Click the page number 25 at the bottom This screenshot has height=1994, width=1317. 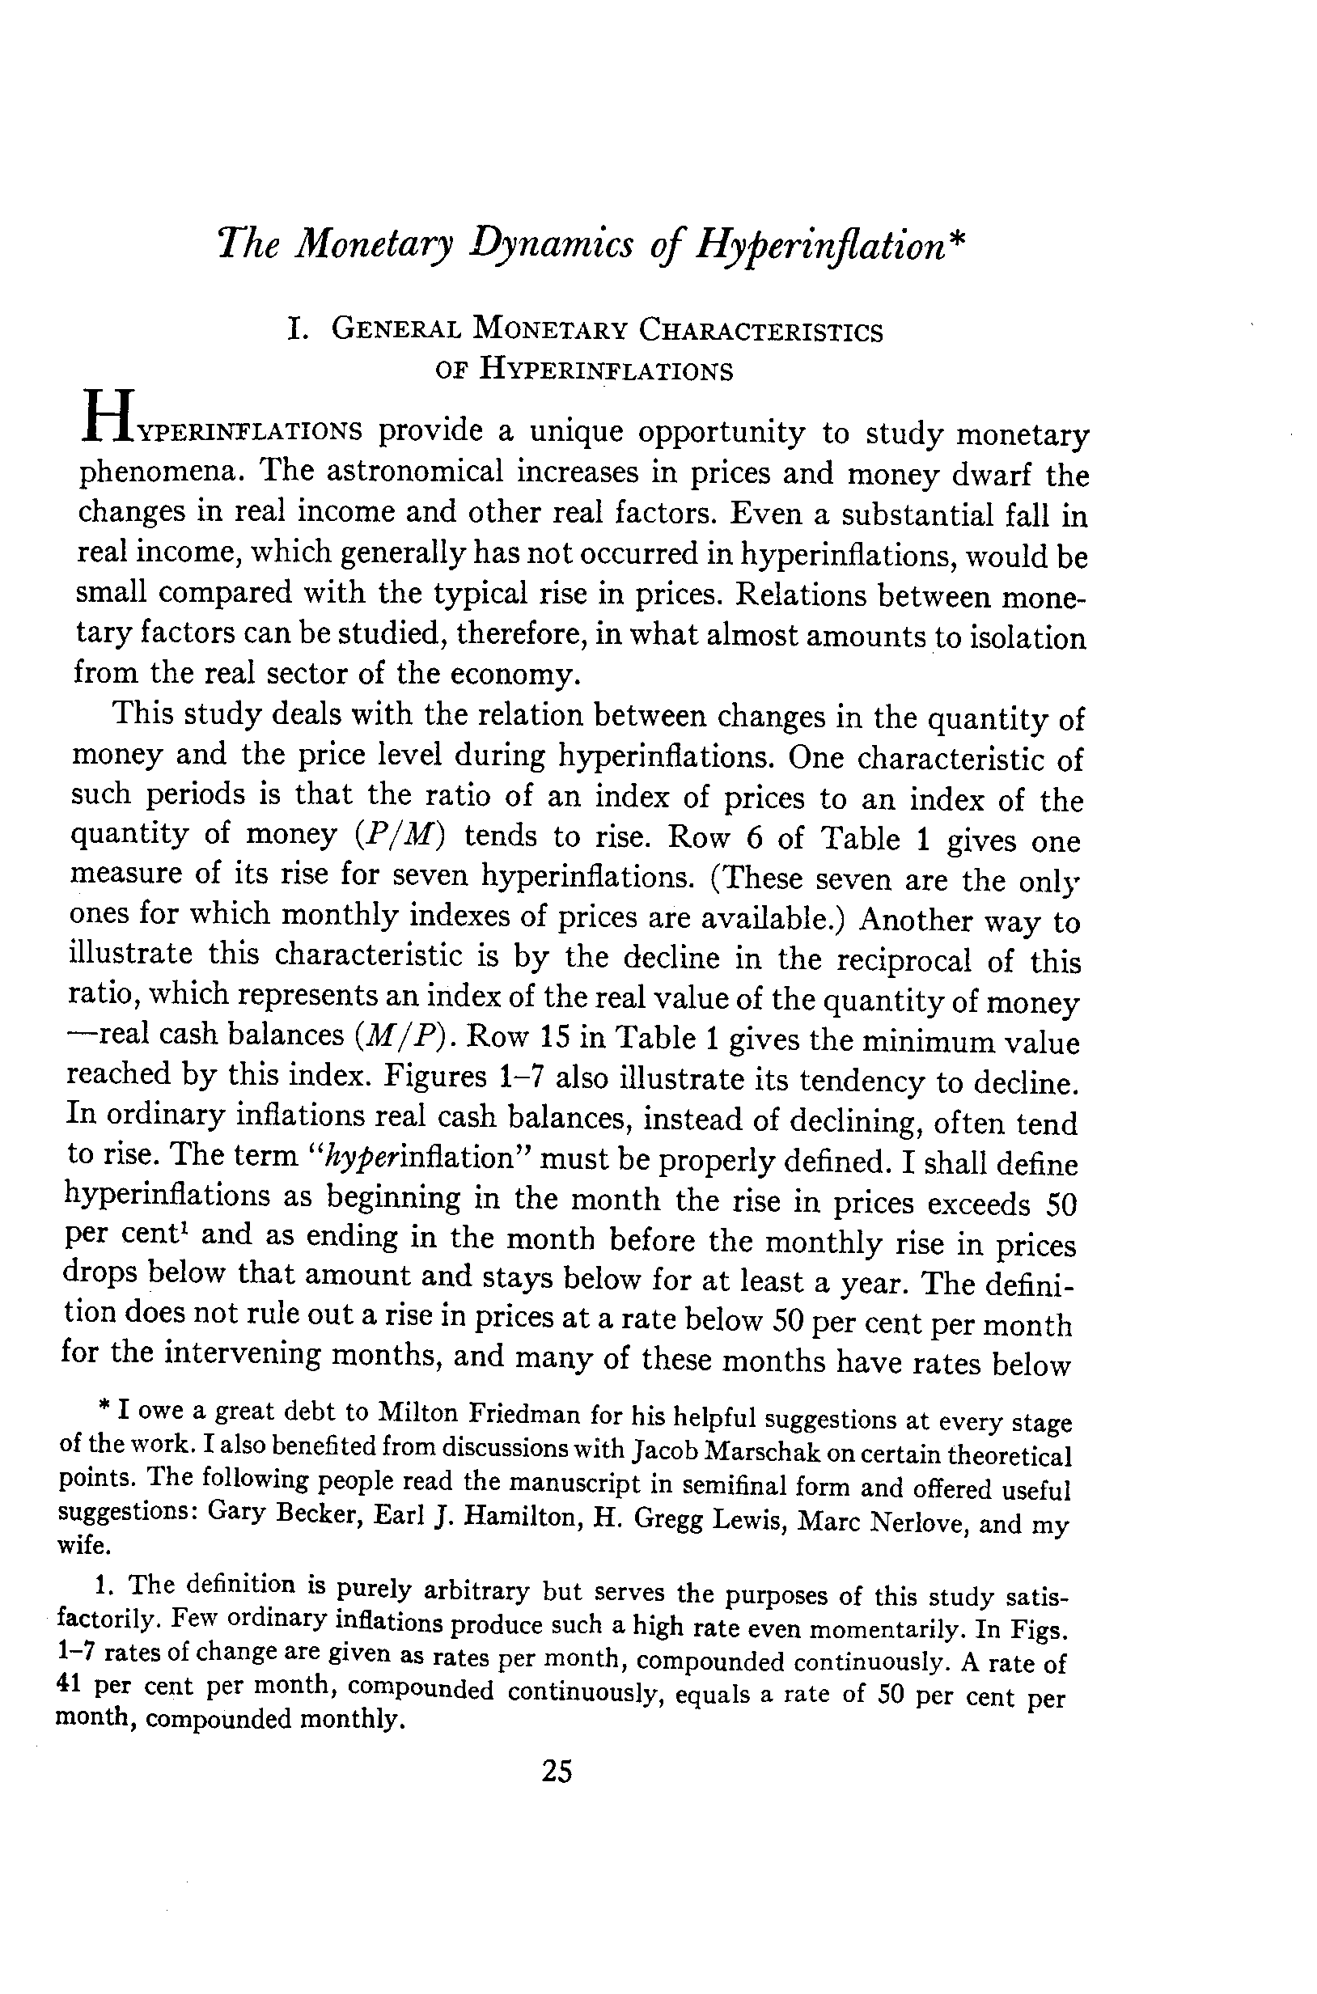coord(557,1772)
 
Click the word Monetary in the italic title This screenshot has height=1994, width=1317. coord(375,244)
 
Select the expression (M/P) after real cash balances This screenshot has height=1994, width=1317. coord(400,1035)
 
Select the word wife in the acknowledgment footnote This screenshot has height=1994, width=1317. coord(79,1544)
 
